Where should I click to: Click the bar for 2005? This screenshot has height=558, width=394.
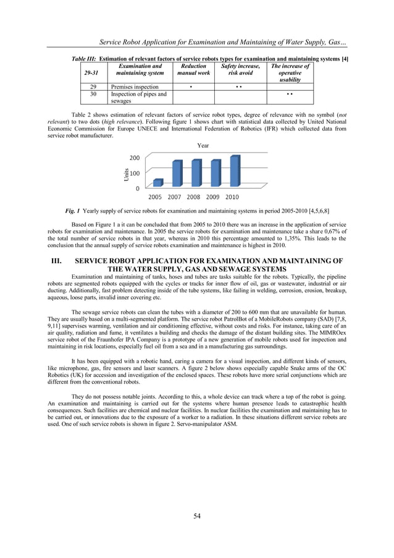(x=158, y=182)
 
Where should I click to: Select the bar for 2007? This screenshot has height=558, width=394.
(x=177, y=173)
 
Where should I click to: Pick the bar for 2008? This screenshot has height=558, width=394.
(x=196, y=172)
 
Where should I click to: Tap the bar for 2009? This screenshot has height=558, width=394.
(x=215, y=172)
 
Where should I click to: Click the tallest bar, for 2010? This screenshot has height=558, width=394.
(x=234, y=171)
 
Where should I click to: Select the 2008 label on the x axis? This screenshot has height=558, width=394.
(x=193, y=197)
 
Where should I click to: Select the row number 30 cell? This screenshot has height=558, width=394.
(x=93, y=95)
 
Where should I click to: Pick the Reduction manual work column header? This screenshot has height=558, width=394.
(x=193, y=69)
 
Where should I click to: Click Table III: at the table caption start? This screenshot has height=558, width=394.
(x=85, y=59)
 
